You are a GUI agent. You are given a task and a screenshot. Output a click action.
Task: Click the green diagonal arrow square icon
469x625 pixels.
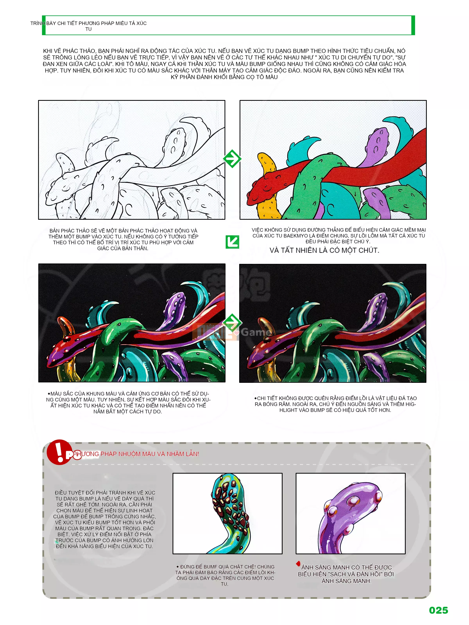pyautogui.click(x=232, y=242)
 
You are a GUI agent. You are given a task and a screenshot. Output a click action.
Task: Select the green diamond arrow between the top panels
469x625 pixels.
pyautogui.click(x=232, y=159)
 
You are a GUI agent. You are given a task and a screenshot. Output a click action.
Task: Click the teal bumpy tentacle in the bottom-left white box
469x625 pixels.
pyautogui.click(x=230, y=513)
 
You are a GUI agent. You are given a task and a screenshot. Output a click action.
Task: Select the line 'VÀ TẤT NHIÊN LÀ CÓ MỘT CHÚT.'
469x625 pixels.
pyautogui.click(x=324, y=250)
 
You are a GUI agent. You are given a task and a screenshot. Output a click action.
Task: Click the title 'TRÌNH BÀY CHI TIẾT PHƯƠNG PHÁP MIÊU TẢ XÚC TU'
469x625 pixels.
pyautogui.click(x=89, y=26)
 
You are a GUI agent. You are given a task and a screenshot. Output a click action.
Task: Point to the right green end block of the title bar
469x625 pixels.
pyautogui.click(x=413, y=25)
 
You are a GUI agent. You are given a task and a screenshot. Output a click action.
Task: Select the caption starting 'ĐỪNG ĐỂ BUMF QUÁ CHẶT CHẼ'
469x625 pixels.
pyautogui.click(x=225, y=575)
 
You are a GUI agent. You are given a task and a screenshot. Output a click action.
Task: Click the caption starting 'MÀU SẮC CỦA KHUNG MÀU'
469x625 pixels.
pyautogui.click(x=128, y=402)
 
